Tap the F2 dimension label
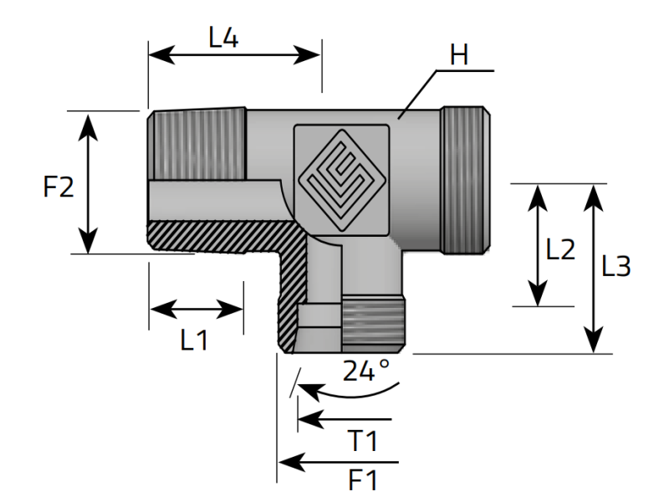pos(59,186)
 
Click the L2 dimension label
pos(560,249)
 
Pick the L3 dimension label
pos(616,267)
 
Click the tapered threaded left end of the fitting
pos(198,144)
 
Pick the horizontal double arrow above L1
pos(197,310)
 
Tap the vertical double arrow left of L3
pos(593,268)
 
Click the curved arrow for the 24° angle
pos(351,389)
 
